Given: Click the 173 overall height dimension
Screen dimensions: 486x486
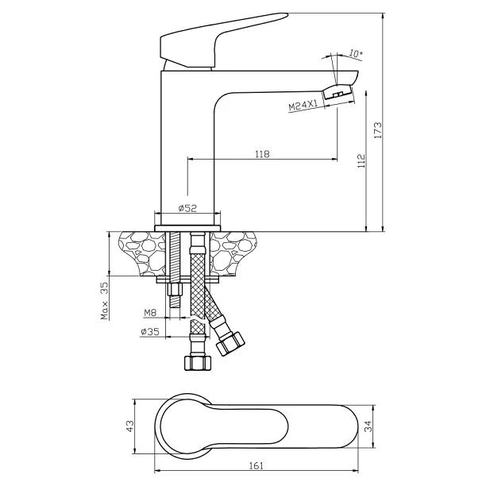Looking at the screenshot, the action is pyautogui.click(x=379, y=130).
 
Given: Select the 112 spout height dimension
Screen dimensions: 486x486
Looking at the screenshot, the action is pyautogui.click(x=361, y=161).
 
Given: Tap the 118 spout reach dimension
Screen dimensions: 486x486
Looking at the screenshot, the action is pyautogui.click(x=262, y=154).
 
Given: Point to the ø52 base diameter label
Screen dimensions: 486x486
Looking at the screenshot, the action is pyautogui.click(x=187, y=208).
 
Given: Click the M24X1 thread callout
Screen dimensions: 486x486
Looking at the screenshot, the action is pyautogui.click(x=303, y=105).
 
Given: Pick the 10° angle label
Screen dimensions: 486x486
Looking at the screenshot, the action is pyautogui.click(x=356, y=53).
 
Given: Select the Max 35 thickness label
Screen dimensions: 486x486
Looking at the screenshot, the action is pyautogui.click(x=105, y=301).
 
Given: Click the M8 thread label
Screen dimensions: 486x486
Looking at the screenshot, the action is pyautogui.click(x=150, y=313).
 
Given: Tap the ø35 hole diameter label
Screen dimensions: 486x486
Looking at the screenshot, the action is pyautogui.click(x=150, y=332).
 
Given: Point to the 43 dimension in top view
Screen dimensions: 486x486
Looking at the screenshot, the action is pyautogui.click(x=130, y=426).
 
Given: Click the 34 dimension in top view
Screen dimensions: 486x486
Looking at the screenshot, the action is pyautogui.click(x=368, y=426).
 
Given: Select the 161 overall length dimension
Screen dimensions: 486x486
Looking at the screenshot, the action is pyautogui.click(x=256, y=465).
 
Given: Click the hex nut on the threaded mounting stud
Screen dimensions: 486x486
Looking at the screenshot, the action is pyautogui.click(x=175, y=290).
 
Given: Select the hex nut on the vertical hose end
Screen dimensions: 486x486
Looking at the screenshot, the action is pyautogui.click(x=198, y=363).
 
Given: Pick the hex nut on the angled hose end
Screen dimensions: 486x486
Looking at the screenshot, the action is pyautogui.click(x=230, y=343).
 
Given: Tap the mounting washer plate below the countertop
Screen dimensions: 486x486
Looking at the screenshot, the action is pyautogui.click(x=187, y=280).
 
